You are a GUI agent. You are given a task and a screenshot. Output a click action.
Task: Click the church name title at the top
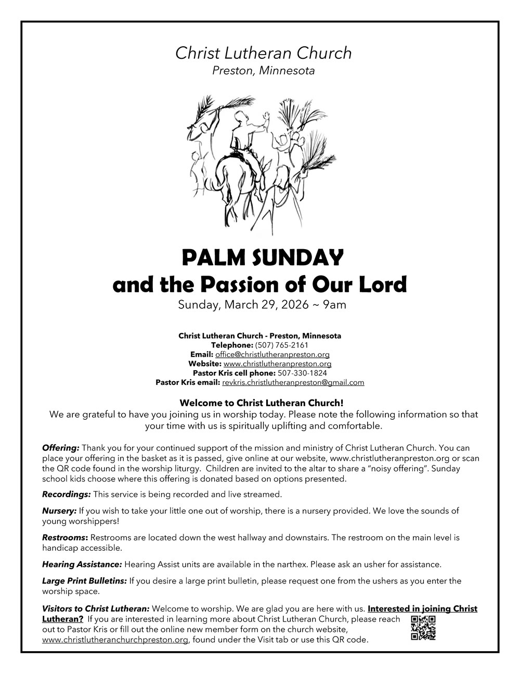tap(263, 53)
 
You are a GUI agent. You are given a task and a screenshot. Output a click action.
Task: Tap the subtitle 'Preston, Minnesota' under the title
tap(263, 71)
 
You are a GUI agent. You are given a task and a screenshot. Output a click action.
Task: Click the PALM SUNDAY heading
tap(263, 257)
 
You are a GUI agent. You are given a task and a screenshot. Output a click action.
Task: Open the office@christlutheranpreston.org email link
tap(272, 354)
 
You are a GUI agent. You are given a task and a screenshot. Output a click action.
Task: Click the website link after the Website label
tap(277, 364)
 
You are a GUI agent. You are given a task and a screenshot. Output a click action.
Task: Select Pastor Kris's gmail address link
tap(293, 382)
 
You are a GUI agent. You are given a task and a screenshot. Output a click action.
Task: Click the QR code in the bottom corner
tap(423, 628)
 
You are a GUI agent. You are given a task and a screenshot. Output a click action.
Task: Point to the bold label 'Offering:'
tap(61, 447)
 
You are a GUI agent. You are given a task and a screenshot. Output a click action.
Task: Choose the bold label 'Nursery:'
tap(59, 511)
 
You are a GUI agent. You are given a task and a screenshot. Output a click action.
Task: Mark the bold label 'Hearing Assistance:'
tap(82, 564)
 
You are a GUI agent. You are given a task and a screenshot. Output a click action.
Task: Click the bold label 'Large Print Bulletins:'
tap(84, 580)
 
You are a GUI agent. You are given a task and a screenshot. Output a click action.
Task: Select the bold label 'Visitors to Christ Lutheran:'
tap(96, 609)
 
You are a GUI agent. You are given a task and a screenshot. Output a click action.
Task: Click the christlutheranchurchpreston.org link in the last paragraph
tap(115, 640)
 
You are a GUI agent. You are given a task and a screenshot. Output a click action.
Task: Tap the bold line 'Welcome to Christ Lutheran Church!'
tap(262, 403)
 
